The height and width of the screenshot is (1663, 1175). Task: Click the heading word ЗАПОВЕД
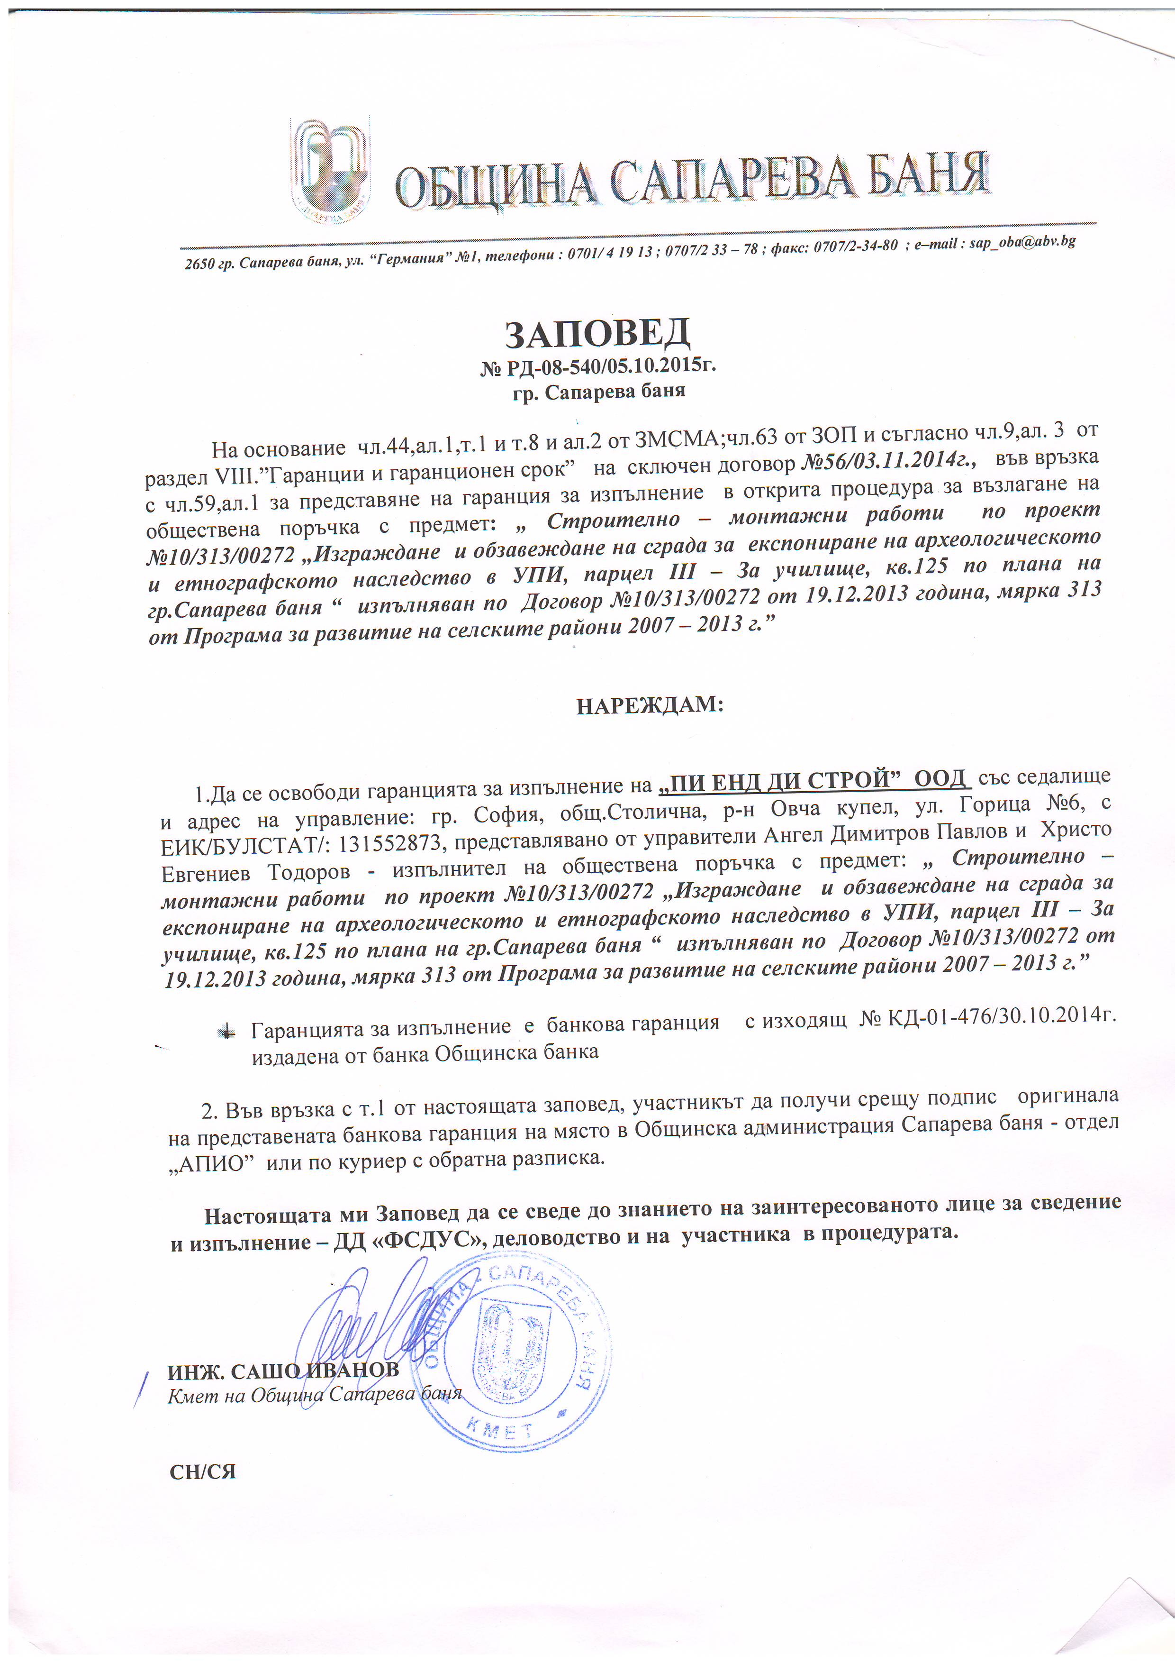pos(597,334)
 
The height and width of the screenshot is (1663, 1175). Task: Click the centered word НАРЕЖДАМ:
pos(650,705)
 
